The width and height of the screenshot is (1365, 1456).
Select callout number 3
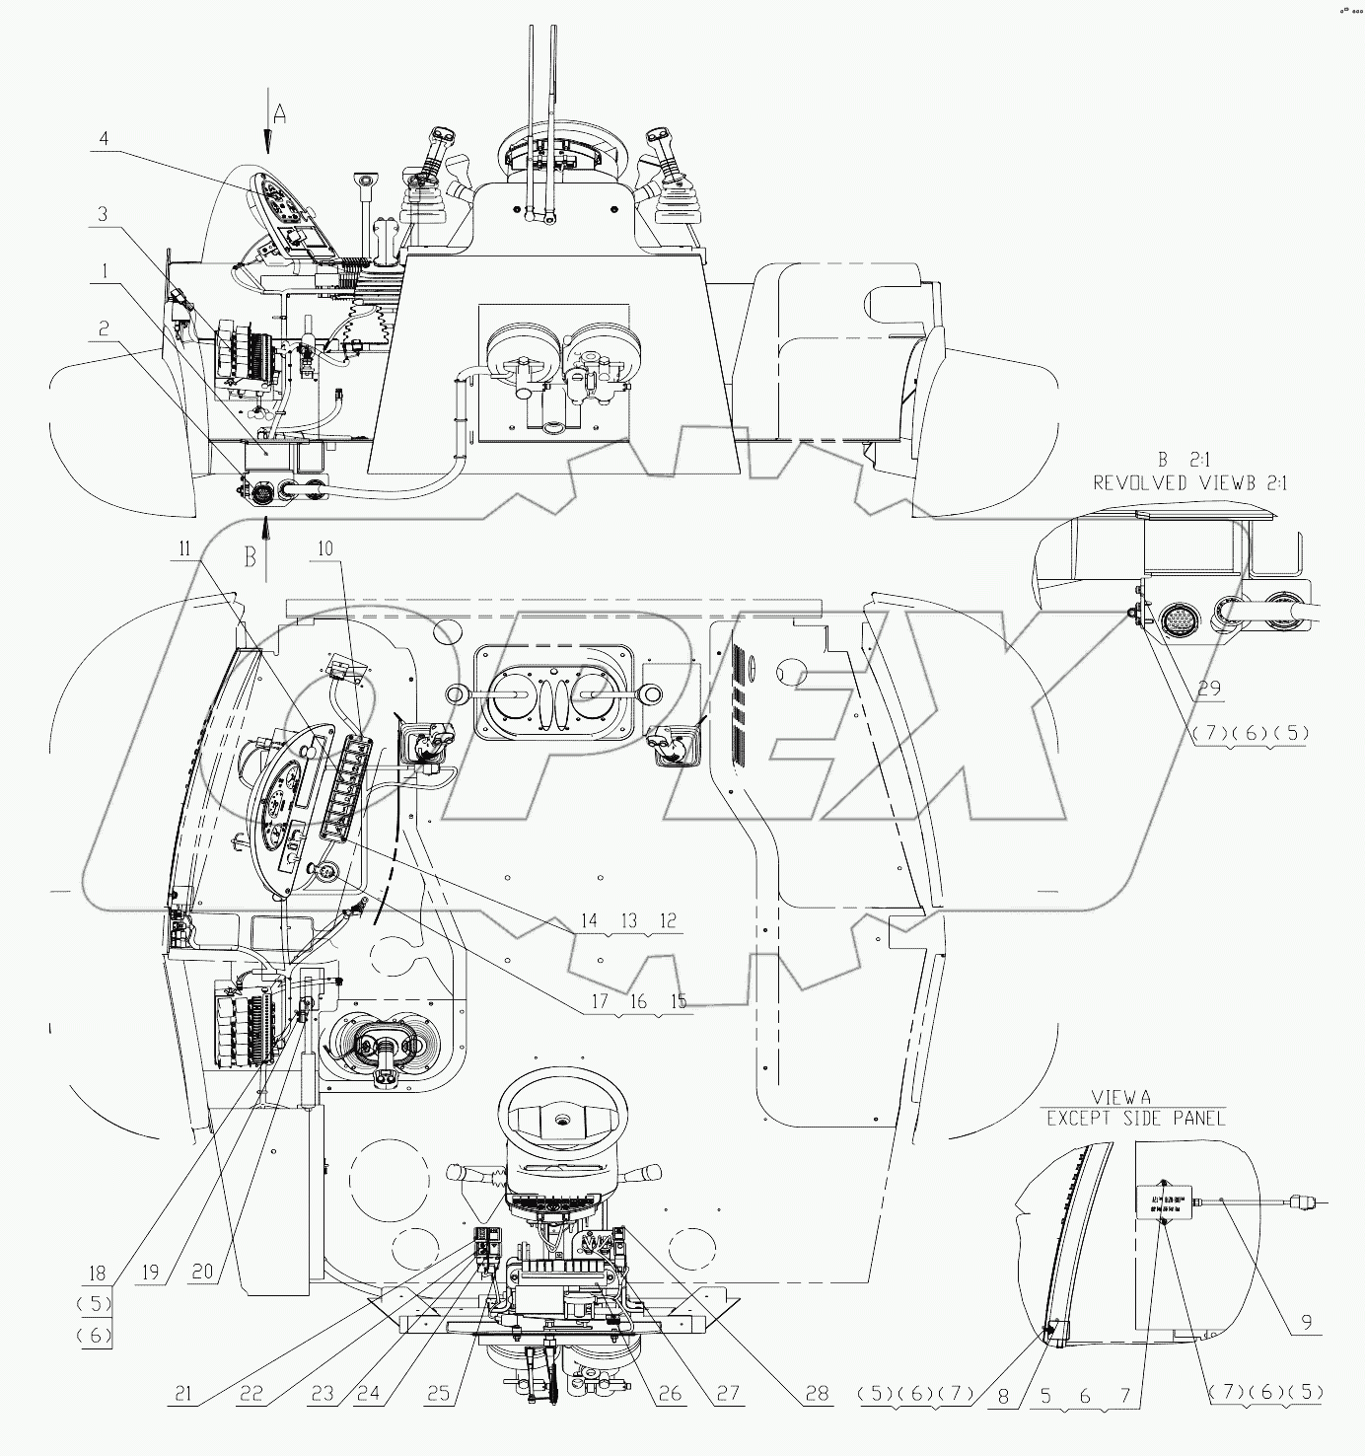click(x=103, y=213)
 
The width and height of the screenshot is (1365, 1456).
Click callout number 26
click(x=670, y=1394)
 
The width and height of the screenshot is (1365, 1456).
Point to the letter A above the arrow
click(x=279, y=114)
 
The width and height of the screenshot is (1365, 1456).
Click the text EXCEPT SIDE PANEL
click(x=1135, y=1118)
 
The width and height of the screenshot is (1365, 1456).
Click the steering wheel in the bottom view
click(x=560, y=1116)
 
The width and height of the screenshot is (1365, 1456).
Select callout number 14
click(x=589, y=921)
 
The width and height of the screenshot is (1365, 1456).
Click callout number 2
click(x=103, y=327)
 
